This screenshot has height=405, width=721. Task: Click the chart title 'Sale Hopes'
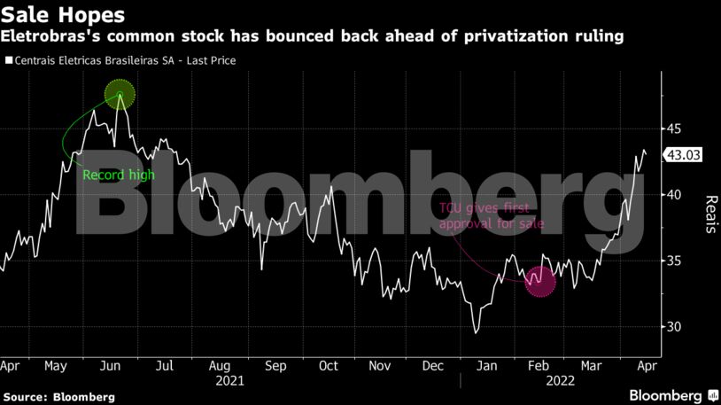point(62,15)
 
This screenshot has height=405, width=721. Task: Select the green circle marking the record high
point(120,94)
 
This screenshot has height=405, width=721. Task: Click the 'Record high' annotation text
point(118,175)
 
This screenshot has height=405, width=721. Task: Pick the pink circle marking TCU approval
point(539,283)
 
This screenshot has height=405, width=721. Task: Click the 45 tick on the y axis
point(675,129)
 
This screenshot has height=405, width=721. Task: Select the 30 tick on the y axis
point(675,327)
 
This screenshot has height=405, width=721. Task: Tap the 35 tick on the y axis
point(675,261)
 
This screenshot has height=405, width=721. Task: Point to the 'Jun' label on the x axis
point(111,364)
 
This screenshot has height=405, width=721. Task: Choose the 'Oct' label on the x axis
point(328,364)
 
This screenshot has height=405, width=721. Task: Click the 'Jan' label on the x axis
point(487,364)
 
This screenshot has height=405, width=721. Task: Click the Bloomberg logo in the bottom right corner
point(666,393)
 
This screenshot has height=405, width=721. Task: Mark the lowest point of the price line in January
point(477,333)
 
